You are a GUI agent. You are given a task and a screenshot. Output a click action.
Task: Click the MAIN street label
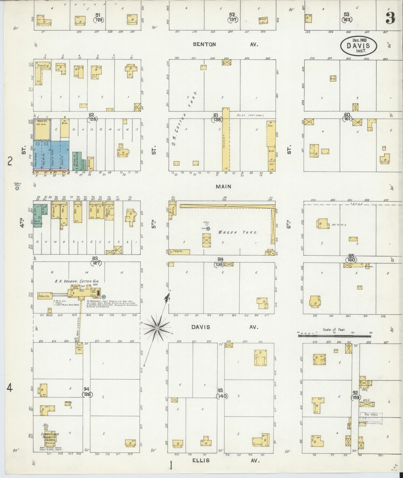pyautogui.click(x=223, y=186)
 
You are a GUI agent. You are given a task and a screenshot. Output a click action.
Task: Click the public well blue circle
pyautogui.click(x=17, y=189)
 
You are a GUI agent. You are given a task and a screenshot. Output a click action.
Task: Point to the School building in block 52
pyautogui.click(x=263, y=20)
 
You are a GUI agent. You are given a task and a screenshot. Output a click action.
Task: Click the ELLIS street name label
pyautogui.click(x=201, y=460)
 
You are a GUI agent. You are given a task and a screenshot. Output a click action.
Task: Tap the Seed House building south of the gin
pyautogui.click(x=79, y=348)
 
